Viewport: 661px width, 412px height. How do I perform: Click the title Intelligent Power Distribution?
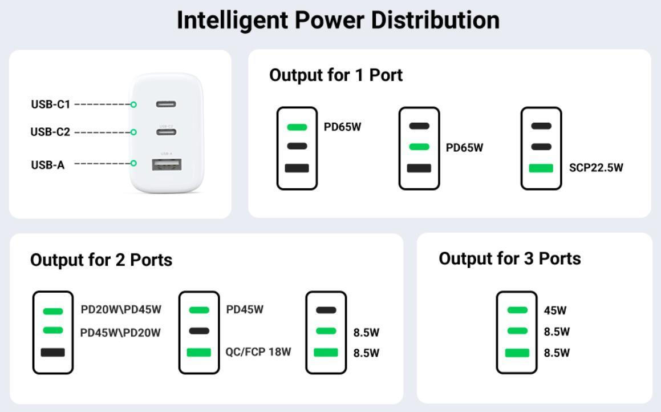click(x=338, y=21)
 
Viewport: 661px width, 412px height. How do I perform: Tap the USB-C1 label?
click(x=50, y=104)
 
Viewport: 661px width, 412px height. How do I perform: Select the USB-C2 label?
click(x=50, y=132)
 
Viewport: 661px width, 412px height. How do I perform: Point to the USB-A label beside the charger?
click(x=48, y=165)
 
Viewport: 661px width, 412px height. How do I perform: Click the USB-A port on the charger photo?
click(x=167, y=165)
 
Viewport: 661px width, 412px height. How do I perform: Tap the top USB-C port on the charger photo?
click(x=166, y=104)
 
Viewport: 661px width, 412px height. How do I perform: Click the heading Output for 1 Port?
click(x=335, y=75)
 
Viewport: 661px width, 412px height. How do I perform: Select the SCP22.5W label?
click(x=596, y=168)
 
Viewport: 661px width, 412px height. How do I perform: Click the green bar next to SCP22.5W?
click(x=541, y=168)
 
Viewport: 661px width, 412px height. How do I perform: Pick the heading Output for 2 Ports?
click(x=101, y=260)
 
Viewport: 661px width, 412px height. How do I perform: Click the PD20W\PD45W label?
click(x=121, y=310)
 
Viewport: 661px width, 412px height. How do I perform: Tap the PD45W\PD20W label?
click(x=120, y=333)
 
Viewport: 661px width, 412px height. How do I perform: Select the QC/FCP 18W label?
click(x=258, y=352)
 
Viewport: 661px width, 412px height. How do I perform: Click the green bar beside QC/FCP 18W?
click(x=198, y=353)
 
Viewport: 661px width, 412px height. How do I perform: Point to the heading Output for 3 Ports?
click(x=509, y=258)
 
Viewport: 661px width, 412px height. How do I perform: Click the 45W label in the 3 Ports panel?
click(x=555, y=311)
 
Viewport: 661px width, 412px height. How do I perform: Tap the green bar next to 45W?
click(x=517, y=310)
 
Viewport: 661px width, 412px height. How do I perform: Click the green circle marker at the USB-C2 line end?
click(x=133, y=132)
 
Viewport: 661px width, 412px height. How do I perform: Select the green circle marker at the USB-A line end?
click(x=133, y=163)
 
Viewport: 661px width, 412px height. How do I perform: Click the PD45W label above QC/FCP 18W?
click(x=245, y=310)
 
